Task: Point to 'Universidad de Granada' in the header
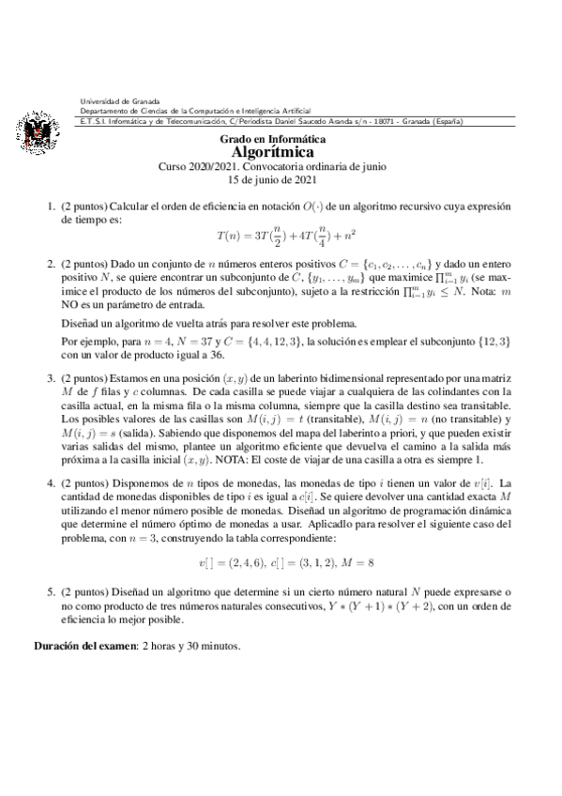pyautogui.click(x=120, y=101)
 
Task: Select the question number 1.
pyautogui.click(x=52, y=205)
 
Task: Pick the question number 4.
pyautogui.click(x=52, y=484)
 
